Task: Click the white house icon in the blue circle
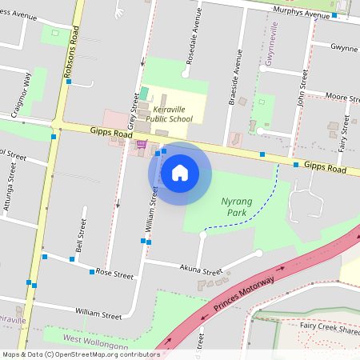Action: click(179, 171)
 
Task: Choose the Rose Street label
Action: click(114, 274)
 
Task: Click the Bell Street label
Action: click(80, 234)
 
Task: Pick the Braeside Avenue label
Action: click(235, 80)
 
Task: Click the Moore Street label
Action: click(342, 96)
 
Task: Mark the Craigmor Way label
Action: click(22, 94)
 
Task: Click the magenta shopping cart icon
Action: click(142, 144)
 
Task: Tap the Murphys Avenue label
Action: click(300, 15)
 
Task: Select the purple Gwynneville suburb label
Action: click(274, 45)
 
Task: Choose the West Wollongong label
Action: click(95, 341)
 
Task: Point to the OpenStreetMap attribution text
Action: click(80, 354)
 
